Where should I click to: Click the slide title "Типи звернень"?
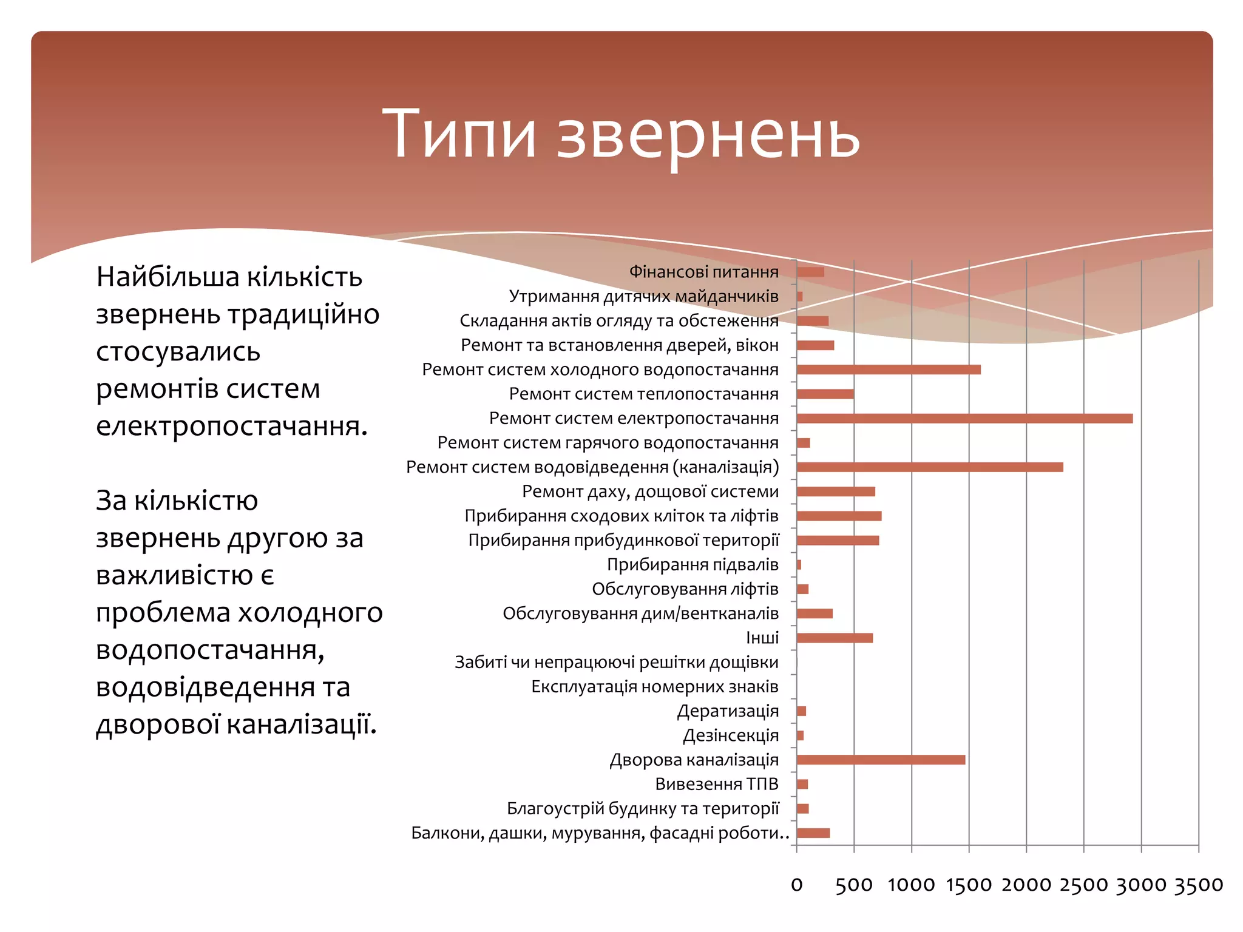[620, 135]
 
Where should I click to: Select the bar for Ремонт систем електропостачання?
[964, 418]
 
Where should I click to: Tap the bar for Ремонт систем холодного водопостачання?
[888, 370]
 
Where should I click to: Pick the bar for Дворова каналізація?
[880, 760]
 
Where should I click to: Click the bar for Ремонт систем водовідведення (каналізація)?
[929, 467]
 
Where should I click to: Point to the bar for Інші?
[834, 638]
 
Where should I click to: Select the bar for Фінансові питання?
[810, 272]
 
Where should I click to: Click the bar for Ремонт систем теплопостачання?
[825, 394]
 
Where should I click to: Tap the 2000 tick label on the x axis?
[1026, 885]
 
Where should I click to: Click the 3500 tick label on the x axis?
[1198, 885]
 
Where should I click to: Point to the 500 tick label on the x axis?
[853, 885]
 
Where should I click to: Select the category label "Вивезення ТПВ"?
[716, 784]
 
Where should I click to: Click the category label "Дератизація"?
[727, 711]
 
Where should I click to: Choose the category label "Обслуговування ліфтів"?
[685, 589]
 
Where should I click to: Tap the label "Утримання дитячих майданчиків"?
[643, 296]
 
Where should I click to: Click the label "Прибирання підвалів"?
[692, 565]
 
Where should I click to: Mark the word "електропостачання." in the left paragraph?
[232, 427]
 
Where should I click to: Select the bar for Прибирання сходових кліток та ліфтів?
[839, 516]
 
